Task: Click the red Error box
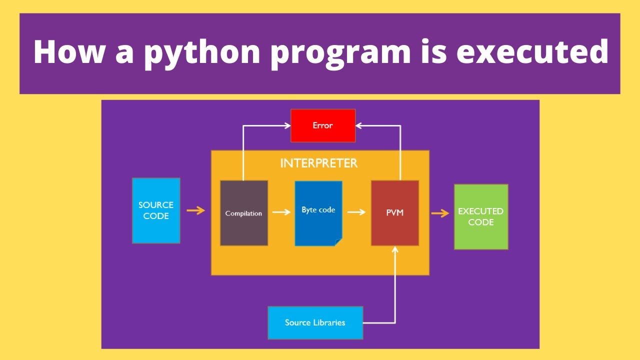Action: (x=323, y=125)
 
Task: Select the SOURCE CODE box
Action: (x=156, y=210)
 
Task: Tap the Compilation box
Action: (x=244, y=213)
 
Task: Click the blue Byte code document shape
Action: (x=318, y=213)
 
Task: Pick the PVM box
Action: (x=395, y=213)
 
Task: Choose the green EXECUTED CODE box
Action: (x=481, y=216)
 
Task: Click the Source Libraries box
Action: (x=315, y=322)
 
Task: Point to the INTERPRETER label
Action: (x=319, y=163)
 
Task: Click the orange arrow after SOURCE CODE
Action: (x=195, y=210)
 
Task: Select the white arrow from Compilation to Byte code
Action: (x=281, y=212)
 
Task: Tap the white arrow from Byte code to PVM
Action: (x=356, y=212)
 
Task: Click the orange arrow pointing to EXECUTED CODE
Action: (x=440, y=213)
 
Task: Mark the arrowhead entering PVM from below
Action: (x=395, y=249)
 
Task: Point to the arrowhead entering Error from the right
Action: (x=359, y=125)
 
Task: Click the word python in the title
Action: (x=202, y=51)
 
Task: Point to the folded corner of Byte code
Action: (x=338, y=242)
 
